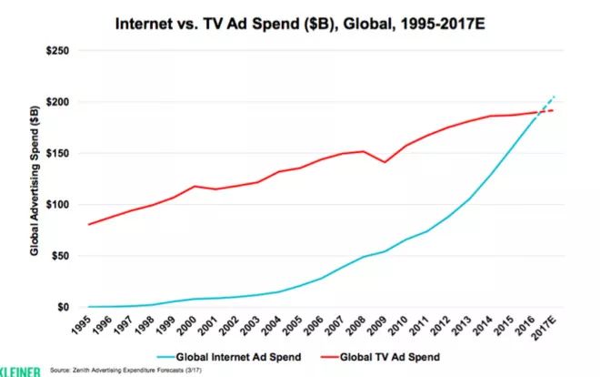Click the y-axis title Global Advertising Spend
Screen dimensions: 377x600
pyautogui.click(x=34, y=180)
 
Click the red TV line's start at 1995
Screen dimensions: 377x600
pyautogui.click(x=87, y=224)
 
